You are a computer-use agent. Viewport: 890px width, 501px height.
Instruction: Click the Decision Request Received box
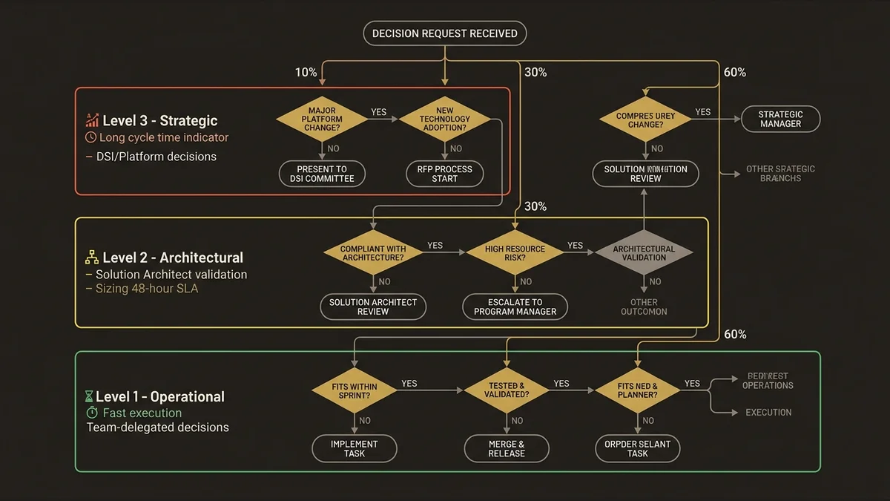[x=444, y=34]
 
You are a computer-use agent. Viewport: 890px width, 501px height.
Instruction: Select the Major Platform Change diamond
[x=322, y=119]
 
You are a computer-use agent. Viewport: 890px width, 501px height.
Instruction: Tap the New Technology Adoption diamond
[x=444, y=119]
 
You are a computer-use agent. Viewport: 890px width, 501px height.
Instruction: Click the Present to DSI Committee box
[x=322, y=174]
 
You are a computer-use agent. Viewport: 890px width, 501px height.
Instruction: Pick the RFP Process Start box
[x=444, y=174]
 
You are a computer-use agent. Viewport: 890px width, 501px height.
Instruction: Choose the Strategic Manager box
[x=780, y=119]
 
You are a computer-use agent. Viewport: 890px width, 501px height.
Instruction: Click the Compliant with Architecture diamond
[x=373, y=253]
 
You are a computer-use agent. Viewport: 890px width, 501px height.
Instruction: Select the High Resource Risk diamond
[x=515, y=253]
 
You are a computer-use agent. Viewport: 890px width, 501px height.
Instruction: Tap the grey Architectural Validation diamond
[x=644, y=253]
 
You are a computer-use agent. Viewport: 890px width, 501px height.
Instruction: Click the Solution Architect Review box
[x=373, y=307]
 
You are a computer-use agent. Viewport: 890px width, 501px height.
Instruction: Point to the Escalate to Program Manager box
[x=515, y=307]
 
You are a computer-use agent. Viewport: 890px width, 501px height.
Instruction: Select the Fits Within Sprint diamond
[x=355, y=391]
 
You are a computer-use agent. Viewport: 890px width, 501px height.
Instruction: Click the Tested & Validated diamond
[x=507, y=391]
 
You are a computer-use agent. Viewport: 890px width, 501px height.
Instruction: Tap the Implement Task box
[x=355, y=449]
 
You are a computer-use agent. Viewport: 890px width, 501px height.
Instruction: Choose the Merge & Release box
[x=507, y=449]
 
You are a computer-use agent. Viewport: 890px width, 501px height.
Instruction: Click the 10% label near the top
[x=306, y=73]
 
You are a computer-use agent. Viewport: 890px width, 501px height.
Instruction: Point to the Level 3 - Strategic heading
[x=159, y=120]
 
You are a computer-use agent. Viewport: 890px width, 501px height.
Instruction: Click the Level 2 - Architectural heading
[x=172, y=258]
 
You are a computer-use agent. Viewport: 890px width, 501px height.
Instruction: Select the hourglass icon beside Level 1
[x=90, y=397]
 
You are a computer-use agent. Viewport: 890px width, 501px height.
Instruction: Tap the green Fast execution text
[x=142, y=413]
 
